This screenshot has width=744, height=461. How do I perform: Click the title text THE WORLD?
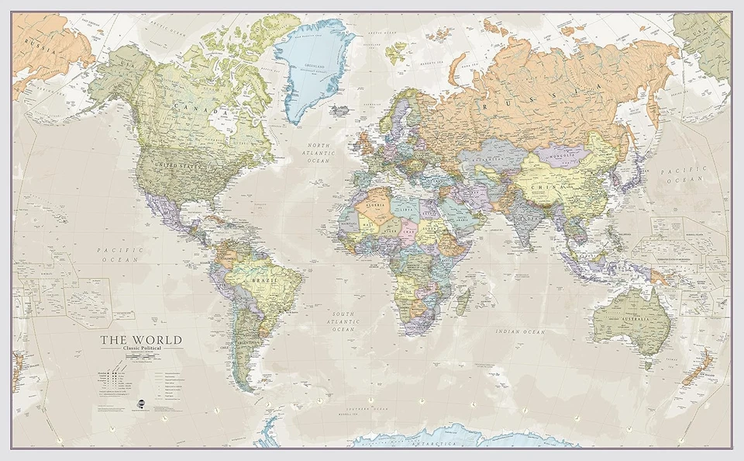[x=140, y=340]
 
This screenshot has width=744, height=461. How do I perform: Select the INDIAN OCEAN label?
[x=522, y=331]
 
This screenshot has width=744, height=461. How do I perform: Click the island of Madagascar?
[x=463, y=301]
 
